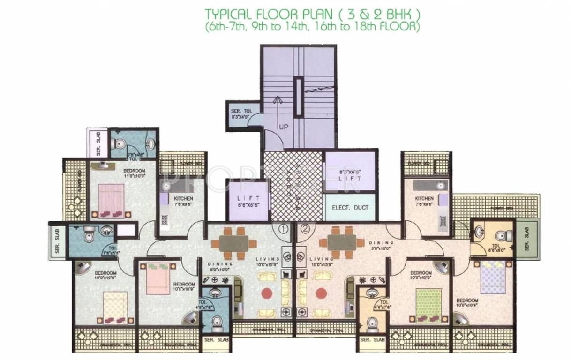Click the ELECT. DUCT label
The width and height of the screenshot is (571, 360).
point(350,207)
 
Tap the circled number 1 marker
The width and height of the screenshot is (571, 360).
point(283,229)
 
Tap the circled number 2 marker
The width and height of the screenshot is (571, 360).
point(305,229)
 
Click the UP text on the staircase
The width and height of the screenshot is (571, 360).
point(283,127)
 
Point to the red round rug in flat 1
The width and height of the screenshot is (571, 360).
point(267,293)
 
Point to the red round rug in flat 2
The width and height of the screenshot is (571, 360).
point(321,293)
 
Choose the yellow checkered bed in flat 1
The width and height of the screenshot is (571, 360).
point(114,304)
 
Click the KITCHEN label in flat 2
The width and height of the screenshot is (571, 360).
point(424,198)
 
